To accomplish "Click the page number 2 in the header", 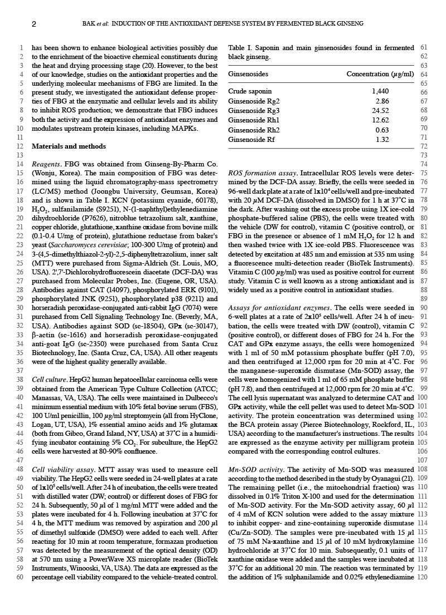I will (34, 24).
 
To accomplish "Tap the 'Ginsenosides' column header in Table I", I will (248, 74).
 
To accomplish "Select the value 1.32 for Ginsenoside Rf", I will (382, 139).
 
